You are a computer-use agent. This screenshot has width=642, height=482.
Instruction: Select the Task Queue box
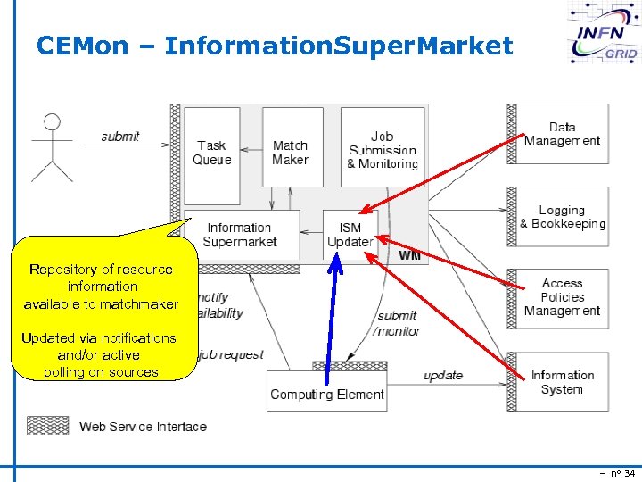(x=211, y=154)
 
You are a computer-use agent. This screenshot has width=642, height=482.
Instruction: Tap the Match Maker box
(x=291, y=153)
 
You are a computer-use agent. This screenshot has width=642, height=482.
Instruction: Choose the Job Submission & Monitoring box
(x=382, y=150)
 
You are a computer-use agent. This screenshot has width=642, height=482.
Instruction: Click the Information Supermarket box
(x=240, y=235)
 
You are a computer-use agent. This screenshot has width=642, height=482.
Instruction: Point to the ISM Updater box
(x=350, y=235)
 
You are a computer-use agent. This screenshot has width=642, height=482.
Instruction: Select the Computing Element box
(x=326, y=393)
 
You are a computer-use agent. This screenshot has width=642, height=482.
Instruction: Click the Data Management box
(x=562, y=134)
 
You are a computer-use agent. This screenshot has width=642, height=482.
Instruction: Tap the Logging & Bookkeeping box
(x=562, y=217)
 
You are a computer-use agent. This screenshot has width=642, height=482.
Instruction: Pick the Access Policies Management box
(x=562, y=297)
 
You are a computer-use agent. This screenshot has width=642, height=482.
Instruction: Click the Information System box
(x=562, y=382)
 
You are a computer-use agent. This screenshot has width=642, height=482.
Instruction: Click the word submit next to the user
(x=119, y=137)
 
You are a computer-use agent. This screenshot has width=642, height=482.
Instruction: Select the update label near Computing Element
(x=442, y=376)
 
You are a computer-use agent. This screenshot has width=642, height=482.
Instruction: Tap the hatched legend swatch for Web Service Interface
(x=48, y=425)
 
